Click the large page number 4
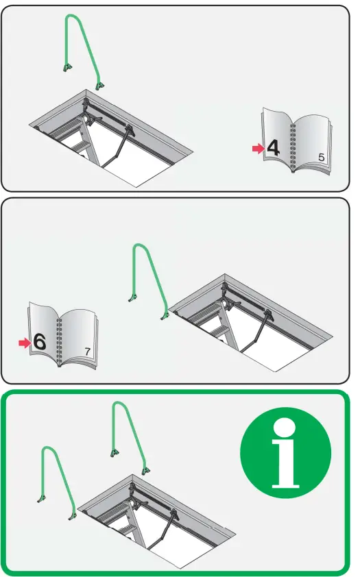(274, 148)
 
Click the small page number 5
(322, 158)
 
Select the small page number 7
(87, 352)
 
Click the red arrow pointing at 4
(258, 148)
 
